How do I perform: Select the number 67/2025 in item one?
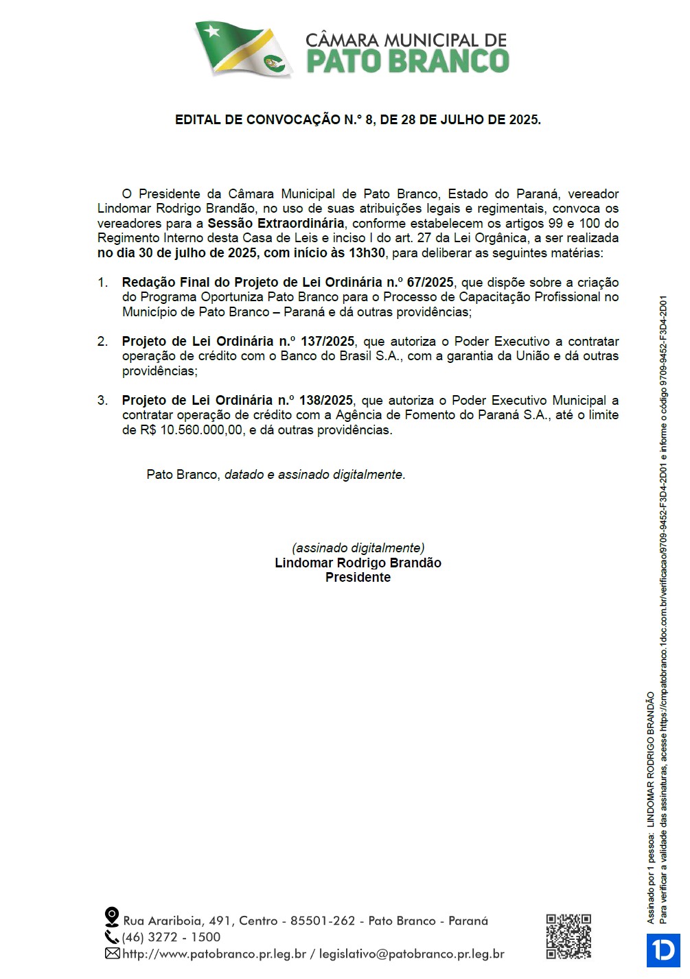click(430, 283)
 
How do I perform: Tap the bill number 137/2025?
click(327, 342)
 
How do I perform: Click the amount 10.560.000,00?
click(201, 431)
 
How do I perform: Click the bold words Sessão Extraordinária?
click(276, 224)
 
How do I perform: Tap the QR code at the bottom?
click(568, 936)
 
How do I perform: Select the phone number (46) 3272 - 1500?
click(172, 937)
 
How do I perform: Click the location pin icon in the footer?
click(111, 917)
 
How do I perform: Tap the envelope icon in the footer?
click(112, 954)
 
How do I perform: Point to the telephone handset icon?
click(111, 936)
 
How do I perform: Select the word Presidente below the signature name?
click(358, 578)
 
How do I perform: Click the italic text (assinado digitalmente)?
click(358, 548)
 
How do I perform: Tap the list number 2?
click(102, 342)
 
